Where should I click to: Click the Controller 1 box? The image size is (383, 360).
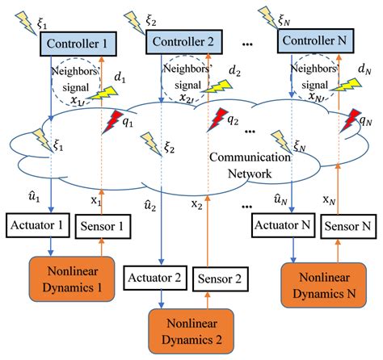coord(78,44)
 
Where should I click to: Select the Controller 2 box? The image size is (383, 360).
coord(184,42)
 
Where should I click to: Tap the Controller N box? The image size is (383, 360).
coord(315,40)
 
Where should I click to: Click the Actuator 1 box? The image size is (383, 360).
coord(38,225)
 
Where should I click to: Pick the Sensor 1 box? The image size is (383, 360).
coord(103,226)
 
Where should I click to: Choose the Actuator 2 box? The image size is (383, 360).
coord(155,278)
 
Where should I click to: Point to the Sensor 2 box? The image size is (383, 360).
coord(221,279)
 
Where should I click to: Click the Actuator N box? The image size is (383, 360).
coord(284,225)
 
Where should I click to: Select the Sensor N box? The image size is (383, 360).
coord(348,226)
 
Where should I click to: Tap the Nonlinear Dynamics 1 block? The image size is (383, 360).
coord(72,279)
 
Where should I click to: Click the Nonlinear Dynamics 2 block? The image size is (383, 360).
coord(191,331)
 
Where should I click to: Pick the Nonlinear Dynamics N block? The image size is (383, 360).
coord(323,285)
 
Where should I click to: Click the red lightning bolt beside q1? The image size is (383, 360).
coord(111,122)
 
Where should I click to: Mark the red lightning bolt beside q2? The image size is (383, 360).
coord(217,120)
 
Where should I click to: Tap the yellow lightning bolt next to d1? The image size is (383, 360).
coord(103,94)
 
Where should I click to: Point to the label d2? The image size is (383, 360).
coord(234,71)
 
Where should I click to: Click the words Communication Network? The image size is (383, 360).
coord(250,165)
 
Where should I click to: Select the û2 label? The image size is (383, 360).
coord(150,206)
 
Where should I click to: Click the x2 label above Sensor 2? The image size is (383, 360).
coord(197,204)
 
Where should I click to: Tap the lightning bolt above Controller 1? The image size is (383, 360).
coord(26,23)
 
